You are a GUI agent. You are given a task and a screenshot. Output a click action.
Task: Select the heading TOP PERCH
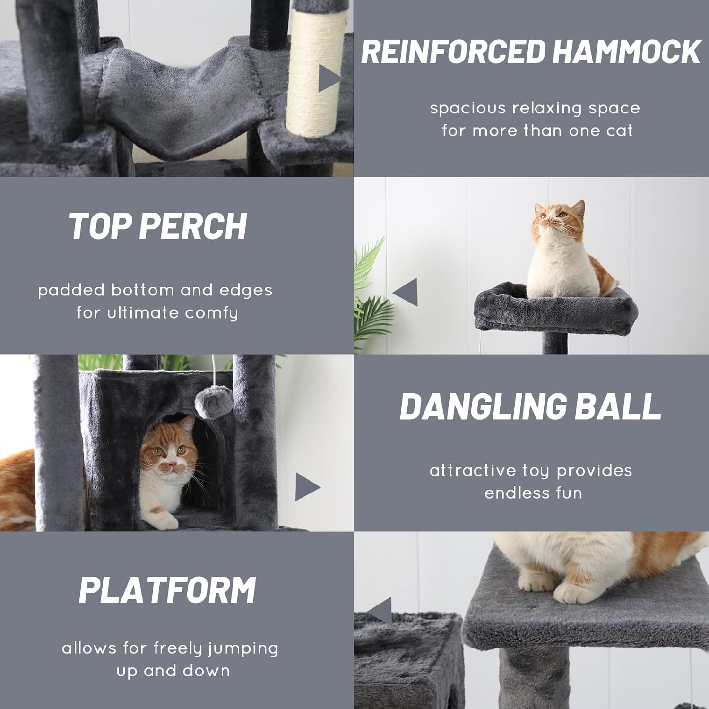pos(158,226)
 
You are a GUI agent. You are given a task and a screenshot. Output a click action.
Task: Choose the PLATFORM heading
pos(167,590)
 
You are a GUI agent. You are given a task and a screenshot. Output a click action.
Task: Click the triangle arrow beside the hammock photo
pos(329,78)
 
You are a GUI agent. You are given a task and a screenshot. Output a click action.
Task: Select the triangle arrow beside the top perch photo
pos(406,292)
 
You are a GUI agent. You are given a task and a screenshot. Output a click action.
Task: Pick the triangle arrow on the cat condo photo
pos(307,487)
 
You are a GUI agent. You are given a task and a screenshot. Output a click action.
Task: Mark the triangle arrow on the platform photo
pos(380,610)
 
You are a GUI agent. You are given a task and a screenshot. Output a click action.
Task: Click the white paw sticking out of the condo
pos(163,520)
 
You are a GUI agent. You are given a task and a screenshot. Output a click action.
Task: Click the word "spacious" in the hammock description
pos(467,108)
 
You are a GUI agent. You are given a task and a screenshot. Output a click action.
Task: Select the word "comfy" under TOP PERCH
pos(211,313)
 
